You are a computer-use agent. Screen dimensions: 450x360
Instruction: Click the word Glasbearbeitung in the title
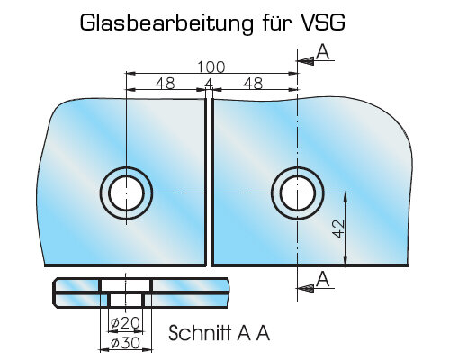tap(166, 23)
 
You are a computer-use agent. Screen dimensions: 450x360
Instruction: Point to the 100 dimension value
tap(211, 67)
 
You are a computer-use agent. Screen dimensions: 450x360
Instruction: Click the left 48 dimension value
tap(166, 84)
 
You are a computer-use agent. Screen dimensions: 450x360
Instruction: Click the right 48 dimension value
tap(253, 84)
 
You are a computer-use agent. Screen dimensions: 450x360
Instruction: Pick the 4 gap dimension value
tap(209, 84)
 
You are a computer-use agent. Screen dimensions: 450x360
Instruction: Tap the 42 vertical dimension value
tap(339, 229)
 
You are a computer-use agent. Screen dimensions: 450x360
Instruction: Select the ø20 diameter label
tap(125, 323)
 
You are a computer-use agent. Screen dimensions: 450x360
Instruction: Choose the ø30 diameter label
tap(125, 343)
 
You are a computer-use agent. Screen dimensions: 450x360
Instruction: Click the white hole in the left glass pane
tap(126, 193)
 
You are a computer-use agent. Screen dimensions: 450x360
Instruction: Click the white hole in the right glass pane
tap(298, 193)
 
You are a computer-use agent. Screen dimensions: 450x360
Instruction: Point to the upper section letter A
tap(323, 51)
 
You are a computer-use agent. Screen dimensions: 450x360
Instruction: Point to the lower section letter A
tap(323, 279)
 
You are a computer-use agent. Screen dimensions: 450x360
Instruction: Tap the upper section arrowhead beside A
tap(305, 61)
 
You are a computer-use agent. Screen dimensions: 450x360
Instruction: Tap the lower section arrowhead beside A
tap(305, 289)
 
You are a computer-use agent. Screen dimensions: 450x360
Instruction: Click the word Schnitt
tap(200, 333)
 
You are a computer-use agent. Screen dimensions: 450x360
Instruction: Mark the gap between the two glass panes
tap(209, 182)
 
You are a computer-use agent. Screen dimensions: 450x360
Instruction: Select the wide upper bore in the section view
tap(126, 285)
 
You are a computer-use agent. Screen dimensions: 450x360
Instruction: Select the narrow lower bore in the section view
tap(126, 300)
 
